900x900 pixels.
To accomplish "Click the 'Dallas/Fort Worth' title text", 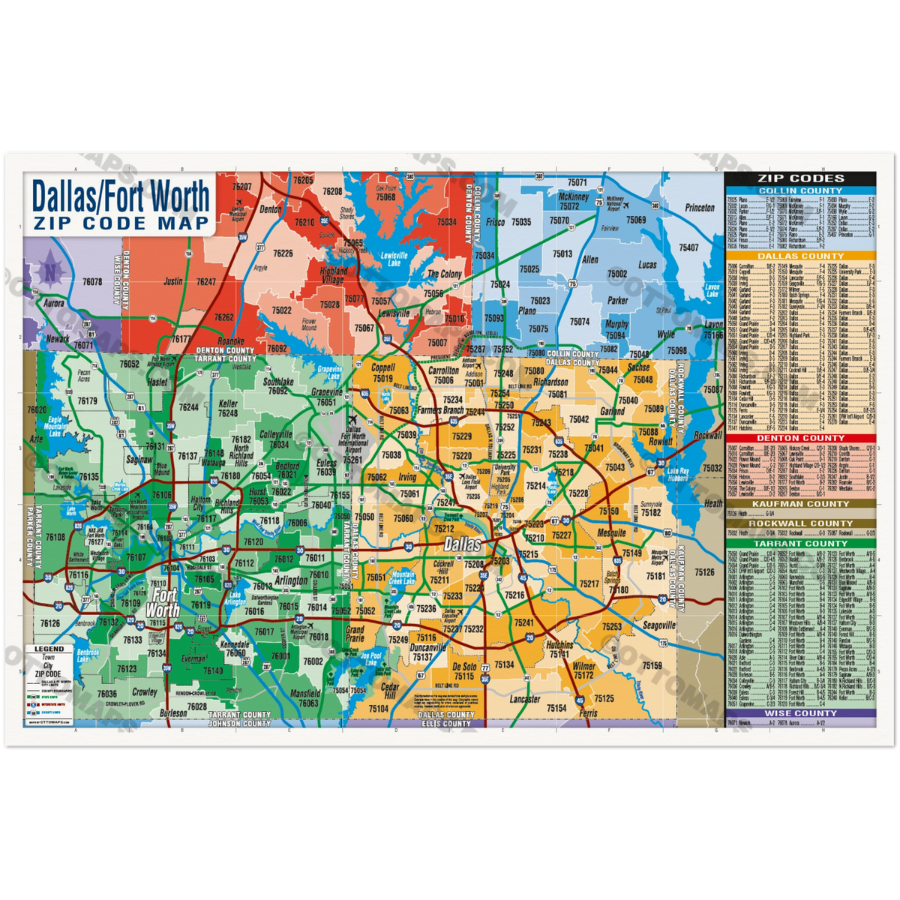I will tap(120, 196).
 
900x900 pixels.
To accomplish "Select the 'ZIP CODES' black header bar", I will tap(800, 178).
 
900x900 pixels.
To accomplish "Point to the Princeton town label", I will tap(699, 207).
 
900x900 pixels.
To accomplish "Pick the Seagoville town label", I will tap(658, 625).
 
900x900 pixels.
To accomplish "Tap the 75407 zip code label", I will tap(688, 247).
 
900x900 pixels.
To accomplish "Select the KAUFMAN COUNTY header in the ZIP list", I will tap(800, 504).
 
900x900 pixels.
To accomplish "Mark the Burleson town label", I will tap(173, 713).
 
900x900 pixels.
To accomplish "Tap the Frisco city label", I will tap(495, 223).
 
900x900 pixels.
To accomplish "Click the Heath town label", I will tap(712, 503).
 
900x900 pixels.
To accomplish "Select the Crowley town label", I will tap(145, 692).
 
